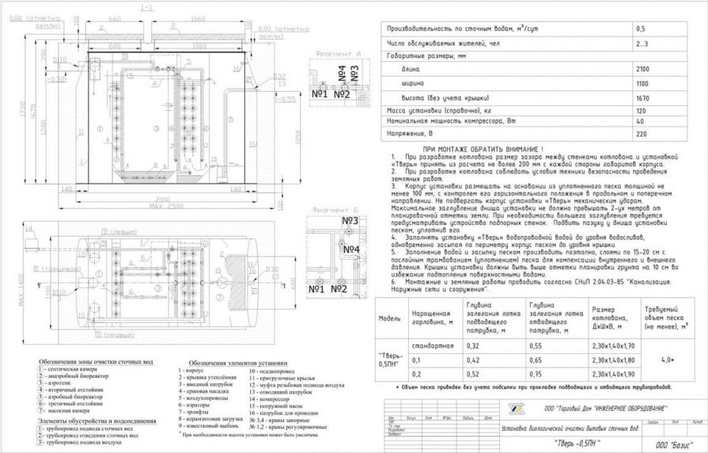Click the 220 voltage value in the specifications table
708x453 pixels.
[642, 135]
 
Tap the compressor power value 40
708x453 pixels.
[641, 122]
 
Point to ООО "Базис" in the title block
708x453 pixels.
[664, 446]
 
